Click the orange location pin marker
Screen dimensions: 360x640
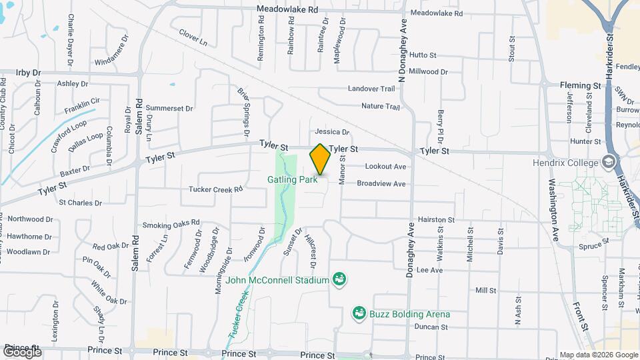320,159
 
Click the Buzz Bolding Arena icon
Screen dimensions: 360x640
359,313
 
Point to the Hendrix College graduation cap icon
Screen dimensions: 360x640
607,162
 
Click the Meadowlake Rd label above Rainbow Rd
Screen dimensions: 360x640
289,10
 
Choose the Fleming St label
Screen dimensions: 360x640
580,85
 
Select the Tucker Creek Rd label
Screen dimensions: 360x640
215,189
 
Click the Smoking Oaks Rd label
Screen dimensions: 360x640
171,223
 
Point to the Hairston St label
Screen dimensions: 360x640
436,219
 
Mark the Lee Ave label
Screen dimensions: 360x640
429,270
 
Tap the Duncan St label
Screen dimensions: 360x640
430,327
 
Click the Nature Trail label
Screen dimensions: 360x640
380,106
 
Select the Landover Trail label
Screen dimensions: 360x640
372,88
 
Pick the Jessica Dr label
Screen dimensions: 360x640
332,132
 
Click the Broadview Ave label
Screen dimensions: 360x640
381,183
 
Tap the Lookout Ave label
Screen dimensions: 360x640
385,166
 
